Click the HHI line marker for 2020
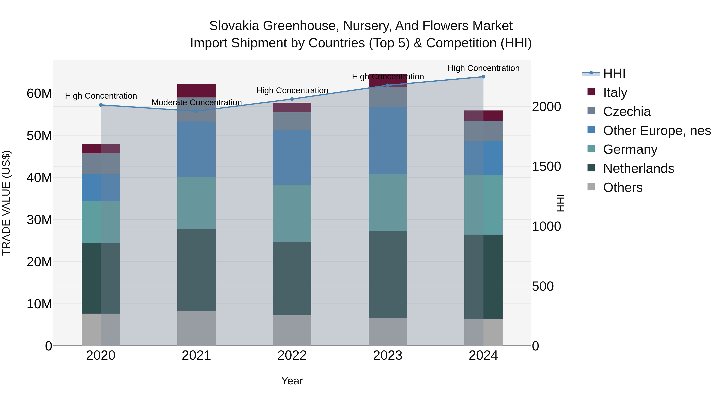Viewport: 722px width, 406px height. pos(101,105)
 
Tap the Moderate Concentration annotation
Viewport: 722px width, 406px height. pos(197,102)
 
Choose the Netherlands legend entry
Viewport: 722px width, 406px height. pos(639,168)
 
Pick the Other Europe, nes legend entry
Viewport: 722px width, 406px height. pos(657,131)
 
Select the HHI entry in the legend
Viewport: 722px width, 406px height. pos(614,73)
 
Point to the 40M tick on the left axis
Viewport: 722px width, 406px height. pos(39,178)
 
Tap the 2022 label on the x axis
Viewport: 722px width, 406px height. pos(292,355)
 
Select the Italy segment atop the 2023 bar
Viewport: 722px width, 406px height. pos(388,81)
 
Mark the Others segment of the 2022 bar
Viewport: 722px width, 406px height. pos(292,330)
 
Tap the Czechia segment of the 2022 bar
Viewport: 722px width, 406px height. pos(292,121)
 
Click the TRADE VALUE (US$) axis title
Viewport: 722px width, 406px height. pos(6,203)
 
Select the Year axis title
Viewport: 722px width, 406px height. pos(292,381)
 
